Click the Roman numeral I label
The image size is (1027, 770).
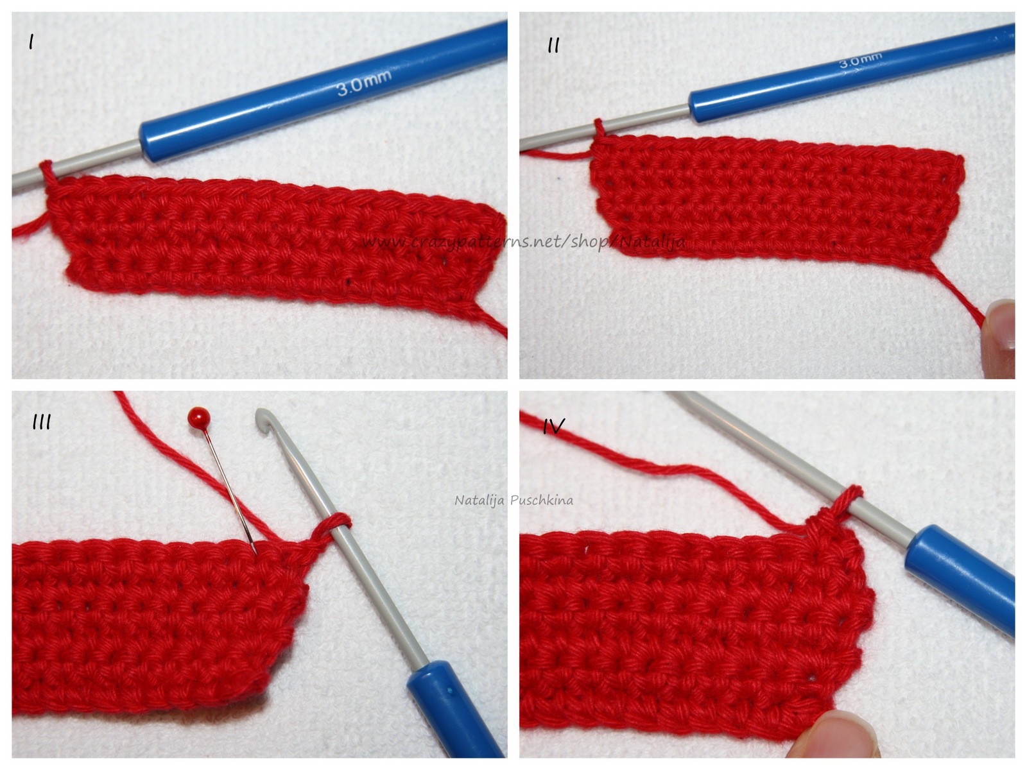[x=31, y=43]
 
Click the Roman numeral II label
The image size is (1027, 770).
[x=553, y=46]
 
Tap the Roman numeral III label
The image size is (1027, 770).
[x=42, y=423]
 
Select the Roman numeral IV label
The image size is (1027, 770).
[x=554, y=426]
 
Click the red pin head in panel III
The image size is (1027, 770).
[x=198, y=415]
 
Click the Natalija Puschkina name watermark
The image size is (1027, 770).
[x=513, y=501]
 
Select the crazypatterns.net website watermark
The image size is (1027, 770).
[x=524, y=242]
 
